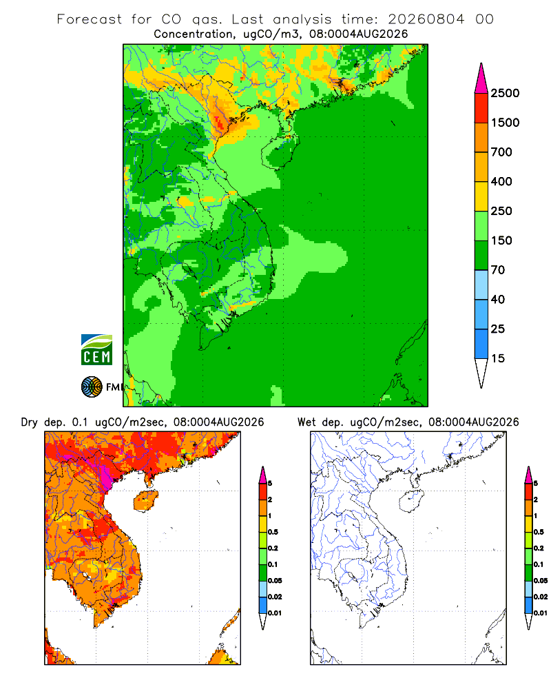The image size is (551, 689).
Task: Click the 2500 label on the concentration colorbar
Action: click(505, 93)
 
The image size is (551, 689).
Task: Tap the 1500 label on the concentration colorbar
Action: click(505, 123)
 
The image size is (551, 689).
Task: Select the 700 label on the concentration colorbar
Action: click(501, 152)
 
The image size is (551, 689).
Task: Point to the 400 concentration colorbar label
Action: click(501, 181)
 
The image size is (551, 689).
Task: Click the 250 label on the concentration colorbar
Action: click(501, 211)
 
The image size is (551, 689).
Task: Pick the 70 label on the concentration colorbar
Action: click(498, 270)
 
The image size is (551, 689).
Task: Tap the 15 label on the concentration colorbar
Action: click(498, 358)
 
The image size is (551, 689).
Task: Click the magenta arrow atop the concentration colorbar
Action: click(481, 79)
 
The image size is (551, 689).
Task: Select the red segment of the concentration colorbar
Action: click(481, 108)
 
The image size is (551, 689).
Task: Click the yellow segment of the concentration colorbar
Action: click(481, 196)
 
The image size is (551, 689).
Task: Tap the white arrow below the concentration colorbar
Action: click(481, 373)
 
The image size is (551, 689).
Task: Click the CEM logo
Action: click(96, 350)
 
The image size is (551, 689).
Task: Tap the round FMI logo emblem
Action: click(92, 387)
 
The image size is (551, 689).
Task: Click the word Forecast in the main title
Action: click(90, 19)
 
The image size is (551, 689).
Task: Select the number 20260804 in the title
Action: click(426, 19)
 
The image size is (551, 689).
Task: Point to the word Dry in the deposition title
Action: click(30, 422)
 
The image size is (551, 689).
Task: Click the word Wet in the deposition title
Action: click(306, 422)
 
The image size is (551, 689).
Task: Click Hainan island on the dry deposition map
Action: click(146, 502)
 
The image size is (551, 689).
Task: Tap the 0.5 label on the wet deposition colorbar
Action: click(539, 532)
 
